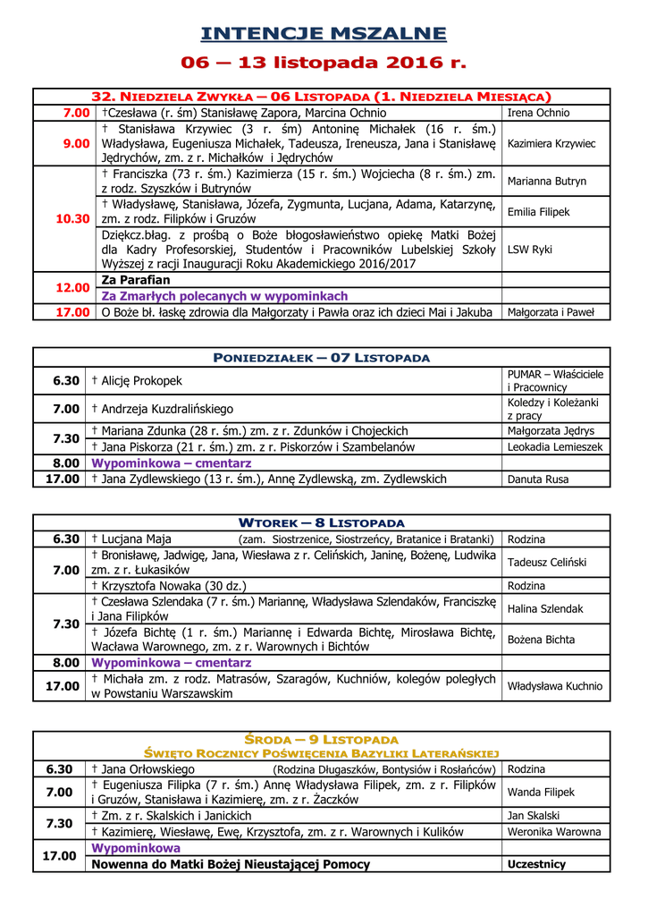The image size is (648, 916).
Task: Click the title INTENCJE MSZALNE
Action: [x=323, y=34]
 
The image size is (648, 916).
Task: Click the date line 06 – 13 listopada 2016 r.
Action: [x=323, y=63]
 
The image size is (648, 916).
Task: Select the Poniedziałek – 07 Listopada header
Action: [x=322, y=358]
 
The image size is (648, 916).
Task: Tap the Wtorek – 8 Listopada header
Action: [x=322, y=522]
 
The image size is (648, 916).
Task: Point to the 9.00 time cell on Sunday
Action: [x=76, y=143]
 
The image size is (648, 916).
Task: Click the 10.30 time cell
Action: [x=72, y=218]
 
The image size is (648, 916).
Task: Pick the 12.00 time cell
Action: [x=72, y=288]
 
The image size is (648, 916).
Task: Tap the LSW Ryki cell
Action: [x=529, y=250]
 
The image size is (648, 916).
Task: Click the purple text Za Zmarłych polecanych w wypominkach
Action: [x=224, y=296]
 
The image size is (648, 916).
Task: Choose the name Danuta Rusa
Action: [x=538, y=479]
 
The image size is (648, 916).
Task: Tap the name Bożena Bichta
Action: [x=541, y=640]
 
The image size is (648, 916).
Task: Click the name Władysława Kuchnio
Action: [x=554, y=687]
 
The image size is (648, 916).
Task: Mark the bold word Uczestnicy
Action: [x=536, y=865]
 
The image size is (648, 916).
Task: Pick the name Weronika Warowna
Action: [x=554, y=832]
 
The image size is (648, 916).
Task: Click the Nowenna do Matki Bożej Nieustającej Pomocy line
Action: [x=231, y=865]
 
